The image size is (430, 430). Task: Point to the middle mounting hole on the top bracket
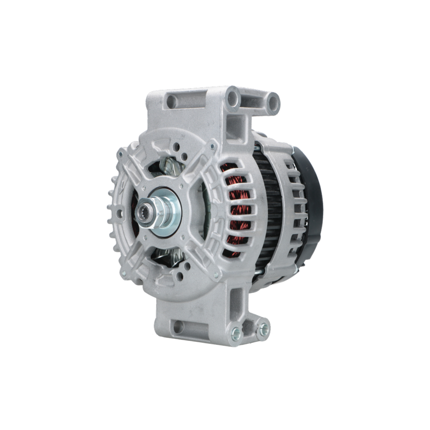233,98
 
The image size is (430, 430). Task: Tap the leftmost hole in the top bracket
172,102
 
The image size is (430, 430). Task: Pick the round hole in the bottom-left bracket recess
178,327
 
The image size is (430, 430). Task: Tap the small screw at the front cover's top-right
212,147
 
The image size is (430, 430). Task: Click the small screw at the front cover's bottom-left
124,273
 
